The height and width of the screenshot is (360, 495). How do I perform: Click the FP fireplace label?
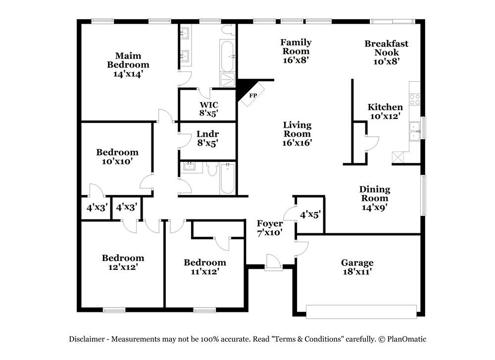point(253,96)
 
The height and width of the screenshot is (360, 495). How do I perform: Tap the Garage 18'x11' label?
point(357,267)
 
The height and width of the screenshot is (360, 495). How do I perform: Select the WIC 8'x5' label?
point(209,109)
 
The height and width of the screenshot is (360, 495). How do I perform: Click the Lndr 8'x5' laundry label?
point(208,139)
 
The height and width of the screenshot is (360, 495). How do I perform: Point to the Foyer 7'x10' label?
point(270,228)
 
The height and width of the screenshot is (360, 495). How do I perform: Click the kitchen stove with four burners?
point(414,100)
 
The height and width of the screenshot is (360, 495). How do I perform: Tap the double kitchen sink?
point(415,131)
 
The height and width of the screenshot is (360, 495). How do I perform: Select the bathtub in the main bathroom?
point(227,56)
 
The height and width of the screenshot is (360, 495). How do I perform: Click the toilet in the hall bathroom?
point(212,169)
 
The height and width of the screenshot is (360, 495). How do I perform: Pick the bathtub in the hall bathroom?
point(227,178)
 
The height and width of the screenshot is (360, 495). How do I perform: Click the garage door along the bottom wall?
point(361,311)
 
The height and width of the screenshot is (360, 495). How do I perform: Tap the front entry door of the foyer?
point(273,262)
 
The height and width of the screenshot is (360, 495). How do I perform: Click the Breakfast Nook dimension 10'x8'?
point(387,61)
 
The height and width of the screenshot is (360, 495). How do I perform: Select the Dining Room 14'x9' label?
point(375,198)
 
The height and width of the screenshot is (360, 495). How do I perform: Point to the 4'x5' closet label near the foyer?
point(310,215)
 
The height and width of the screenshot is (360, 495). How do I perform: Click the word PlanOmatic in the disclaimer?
point(406,339)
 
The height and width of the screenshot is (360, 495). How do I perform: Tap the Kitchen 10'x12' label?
point(385,111)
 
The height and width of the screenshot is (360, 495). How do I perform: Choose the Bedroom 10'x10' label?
point(117,156)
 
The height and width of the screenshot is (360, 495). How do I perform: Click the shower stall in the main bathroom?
point(227,80)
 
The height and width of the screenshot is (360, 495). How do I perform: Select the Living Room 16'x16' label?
point(297,134)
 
